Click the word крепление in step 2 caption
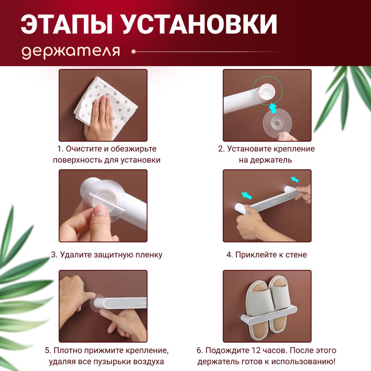(x=295, y=149)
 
